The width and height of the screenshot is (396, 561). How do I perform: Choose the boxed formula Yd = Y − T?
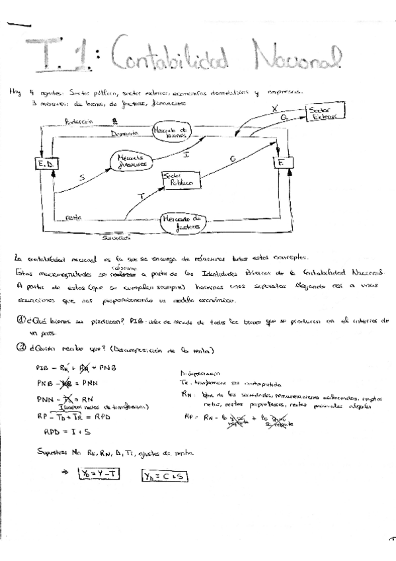[97, 473]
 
